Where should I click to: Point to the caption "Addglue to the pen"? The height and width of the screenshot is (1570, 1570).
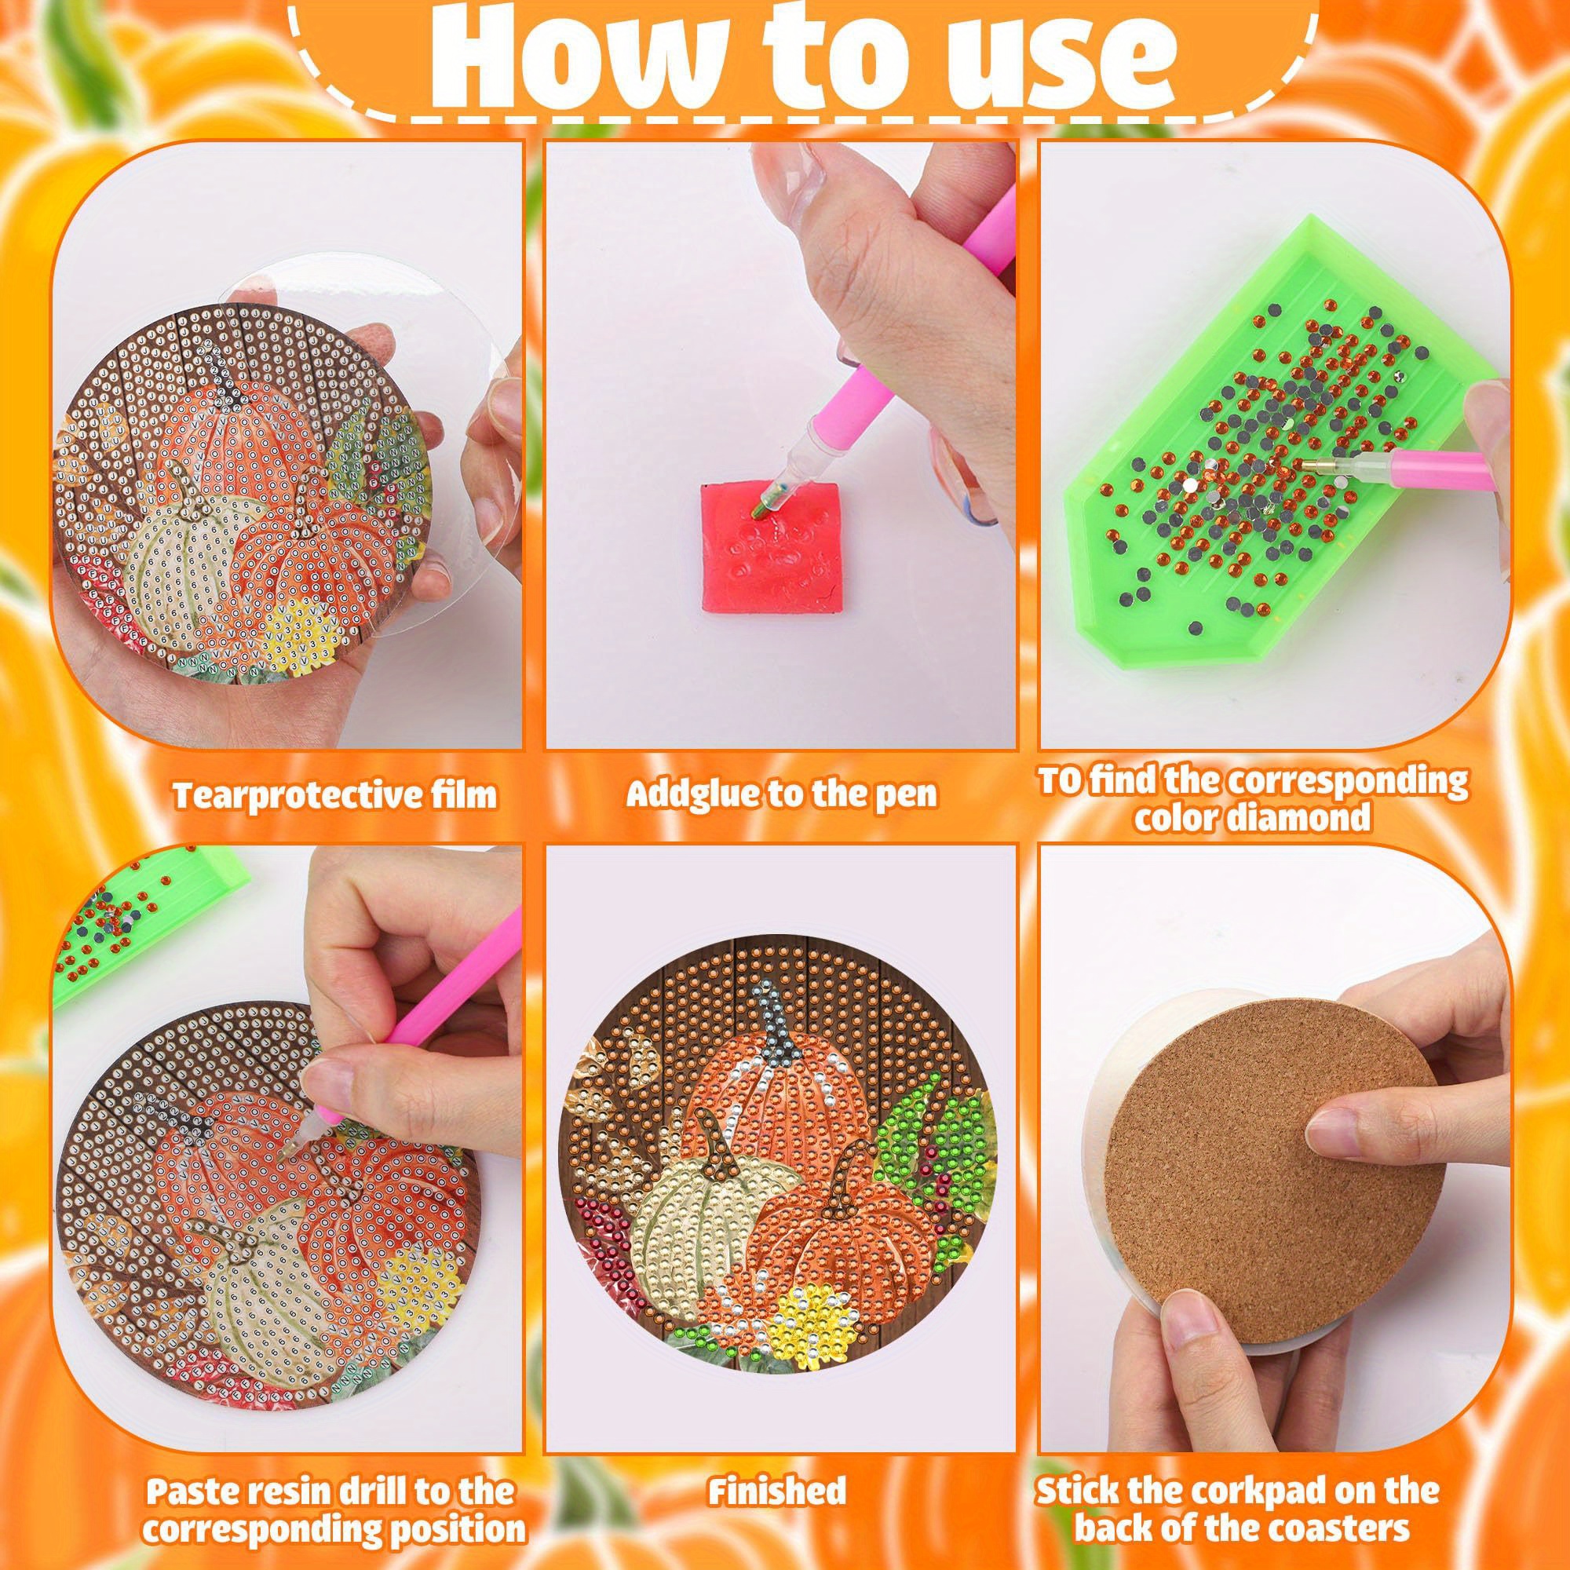pos(782,794)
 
